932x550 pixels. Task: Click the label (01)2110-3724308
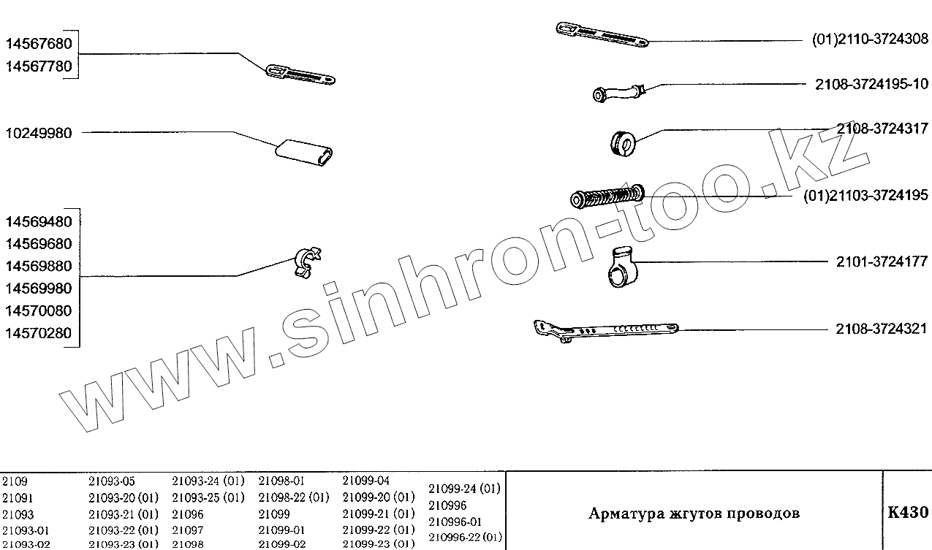(x=870, y=39)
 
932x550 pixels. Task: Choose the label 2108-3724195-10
(x=872, y=85)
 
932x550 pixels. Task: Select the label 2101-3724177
(x=882, y=261)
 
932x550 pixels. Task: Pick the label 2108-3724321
(x=882, y=329)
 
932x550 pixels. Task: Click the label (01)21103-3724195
(x=865, y=195)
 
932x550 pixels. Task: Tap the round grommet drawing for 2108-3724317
(x=624, y=142)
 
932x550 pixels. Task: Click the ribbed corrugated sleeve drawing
(x=607, y=196)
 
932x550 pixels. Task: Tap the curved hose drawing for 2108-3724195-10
(x=618, y=93)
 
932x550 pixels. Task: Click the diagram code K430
(x=907, y=512)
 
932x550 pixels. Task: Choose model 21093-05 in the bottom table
(x=112, y=481)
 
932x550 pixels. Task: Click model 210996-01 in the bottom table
(x=455, y=522)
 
